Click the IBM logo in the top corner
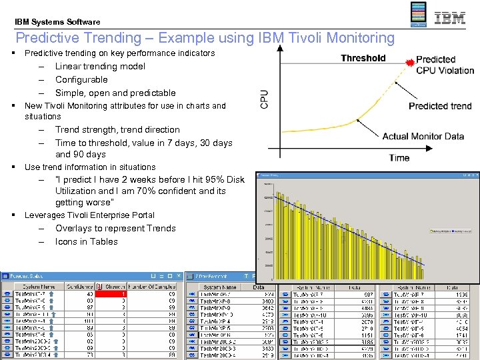tap(450, 18)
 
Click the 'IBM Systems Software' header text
tap(57, 22)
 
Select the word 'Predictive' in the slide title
tap(49, 38)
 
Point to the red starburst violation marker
tap(410, 63)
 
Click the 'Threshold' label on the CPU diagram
tap(363, 58)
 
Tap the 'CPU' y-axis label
tap(265, 99)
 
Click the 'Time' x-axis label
tap(399, 158)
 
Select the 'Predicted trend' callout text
tap(440, 106)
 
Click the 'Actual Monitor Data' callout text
tap(423, 137)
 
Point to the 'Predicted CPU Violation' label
tap(445, 65)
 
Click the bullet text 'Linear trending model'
tap(100, 66)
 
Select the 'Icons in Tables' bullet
tap(86, 241)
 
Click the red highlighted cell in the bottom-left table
tap(109, 294)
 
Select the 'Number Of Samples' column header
tap(155, 287)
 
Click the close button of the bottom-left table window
tap(178, 276)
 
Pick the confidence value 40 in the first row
tap(89, 294)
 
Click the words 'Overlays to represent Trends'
tap(115, 228)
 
